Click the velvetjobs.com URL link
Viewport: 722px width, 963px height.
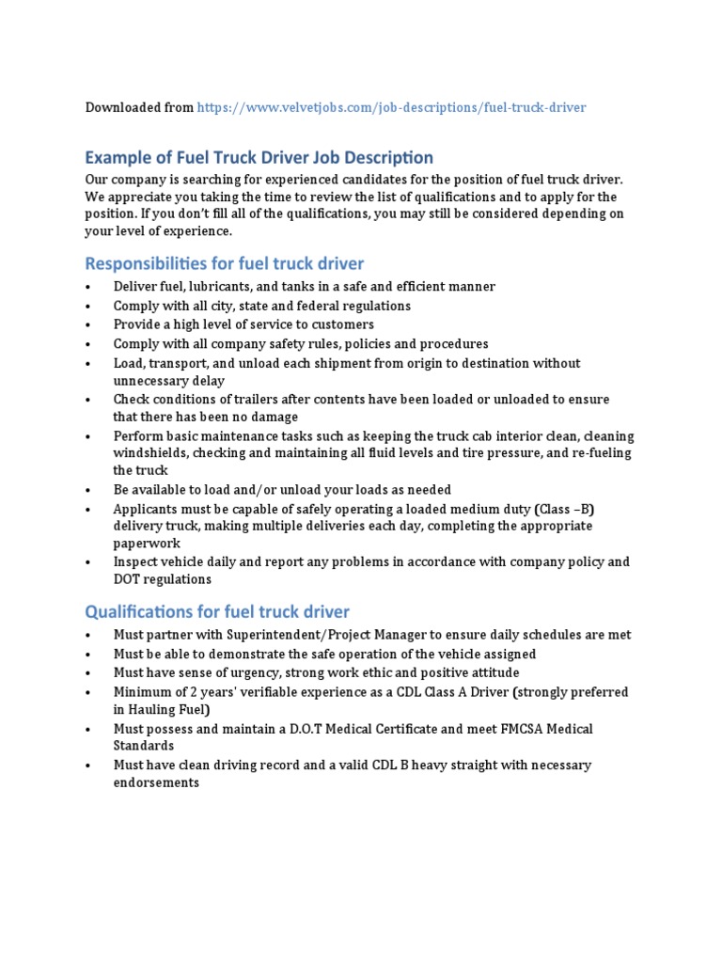pos(391,107)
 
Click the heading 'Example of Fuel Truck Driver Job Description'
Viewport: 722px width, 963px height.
pos(259,157)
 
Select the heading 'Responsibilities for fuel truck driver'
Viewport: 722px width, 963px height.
pos(225,263)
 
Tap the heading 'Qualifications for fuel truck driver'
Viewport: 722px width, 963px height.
pos(217,612)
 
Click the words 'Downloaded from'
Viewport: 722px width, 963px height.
pos(139,107)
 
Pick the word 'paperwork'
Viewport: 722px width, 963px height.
pos(147,544)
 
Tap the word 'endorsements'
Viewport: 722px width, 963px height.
pos(156,782)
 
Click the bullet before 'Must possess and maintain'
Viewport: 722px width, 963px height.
pos(87,730)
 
